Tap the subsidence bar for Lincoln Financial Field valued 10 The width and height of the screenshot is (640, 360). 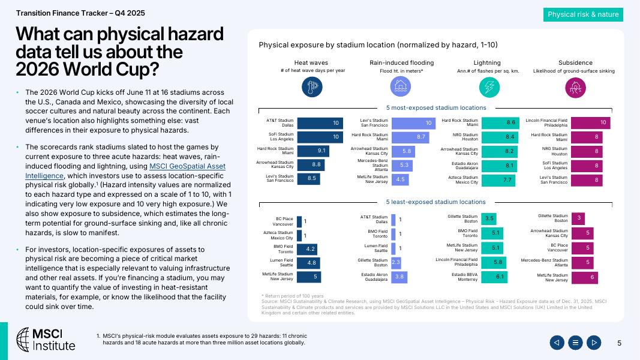pyautogui.click(x=590, y=123)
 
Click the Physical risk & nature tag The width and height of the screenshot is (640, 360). pyautogui.click(x=583, y=14)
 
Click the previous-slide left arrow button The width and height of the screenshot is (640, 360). pyautogui.click(x=557, y=343)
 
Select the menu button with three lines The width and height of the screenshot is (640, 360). pyautogui.click(x=575, y=343)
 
